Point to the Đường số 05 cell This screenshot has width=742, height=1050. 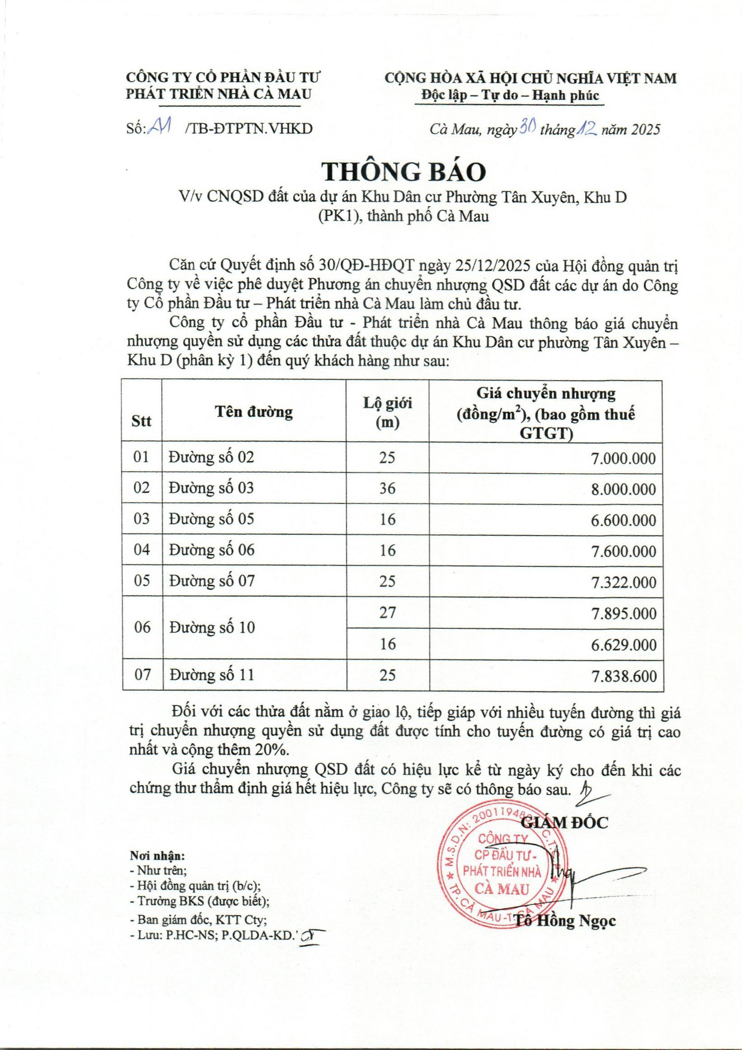tap(211, 519)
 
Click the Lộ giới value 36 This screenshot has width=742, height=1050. tap(387, 489)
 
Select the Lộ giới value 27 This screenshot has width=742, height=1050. tap(387, 612)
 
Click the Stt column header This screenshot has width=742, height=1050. tap(141, 421)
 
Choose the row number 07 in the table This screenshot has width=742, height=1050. tap(142, 674)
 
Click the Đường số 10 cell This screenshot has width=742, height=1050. tap(211, 627)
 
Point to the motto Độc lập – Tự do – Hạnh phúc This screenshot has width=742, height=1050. tap(510, 95)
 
